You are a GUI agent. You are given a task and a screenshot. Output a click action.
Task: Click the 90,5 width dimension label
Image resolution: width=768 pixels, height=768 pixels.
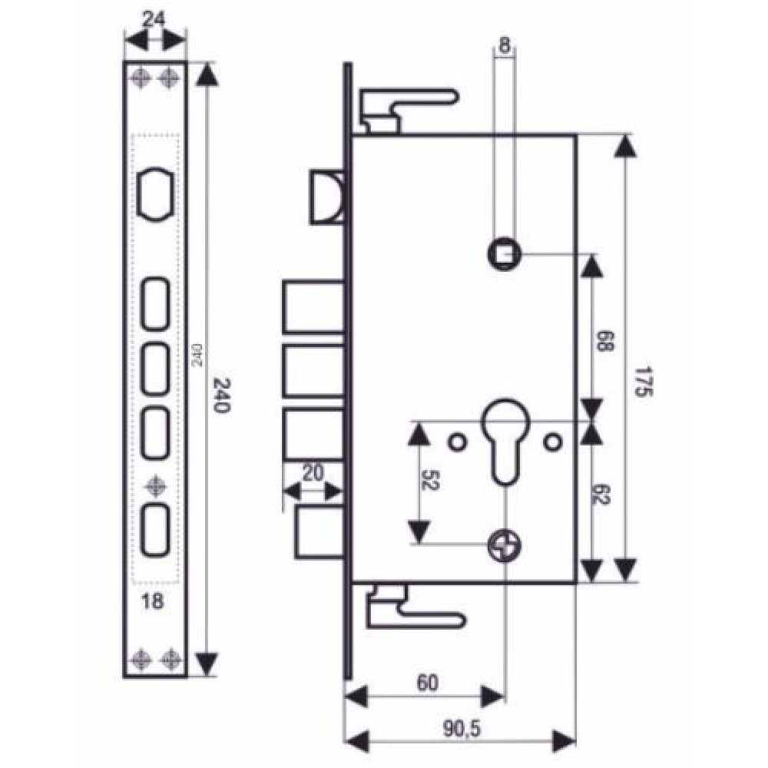coord(462,728)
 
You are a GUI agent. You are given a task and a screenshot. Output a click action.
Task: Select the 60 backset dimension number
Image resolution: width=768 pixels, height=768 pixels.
coord(427,683)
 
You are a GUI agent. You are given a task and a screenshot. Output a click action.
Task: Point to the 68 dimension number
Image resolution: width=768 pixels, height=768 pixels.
coord(604,342)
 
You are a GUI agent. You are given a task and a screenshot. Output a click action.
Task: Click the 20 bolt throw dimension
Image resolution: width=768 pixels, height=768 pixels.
coord(313,473)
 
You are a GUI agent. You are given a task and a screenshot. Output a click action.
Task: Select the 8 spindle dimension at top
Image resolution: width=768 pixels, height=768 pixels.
coord(504,45)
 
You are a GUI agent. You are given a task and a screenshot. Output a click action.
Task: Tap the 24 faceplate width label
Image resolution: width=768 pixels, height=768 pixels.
coord(154,20)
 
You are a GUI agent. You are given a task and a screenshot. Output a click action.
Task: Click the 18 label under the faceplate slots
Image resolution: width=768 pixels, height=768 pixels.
coord(152,601)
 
